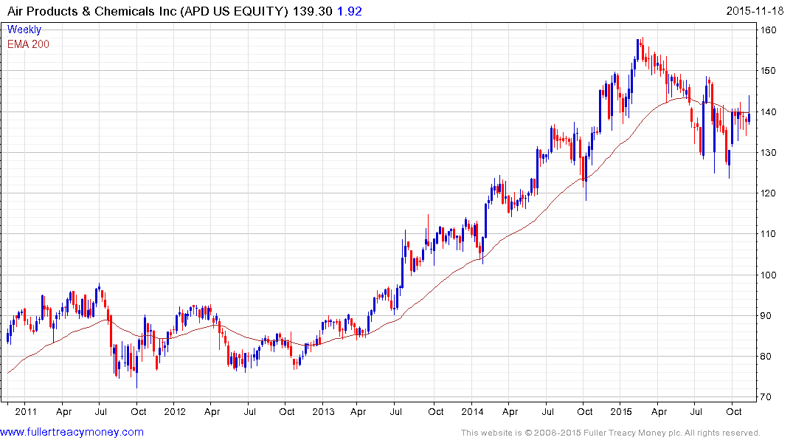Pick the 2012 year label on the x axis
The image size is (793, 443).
(x=174, y=412)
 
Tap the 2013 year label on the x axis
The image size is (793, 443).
(x=323, y=412)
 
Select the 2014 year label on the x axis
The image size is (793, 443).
(x=472, y=412)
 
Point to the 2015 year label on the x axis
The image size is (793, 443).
(x=621, y=412)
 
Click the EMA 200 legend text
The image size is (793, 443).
(x=28, y=44)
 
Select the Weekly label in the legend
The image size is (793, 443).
(x=24, y=30)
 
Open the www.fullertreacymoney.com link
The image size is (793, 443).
(x=72, y=432)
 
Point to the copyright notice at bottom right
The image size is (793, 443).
(x=610, y=433)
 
